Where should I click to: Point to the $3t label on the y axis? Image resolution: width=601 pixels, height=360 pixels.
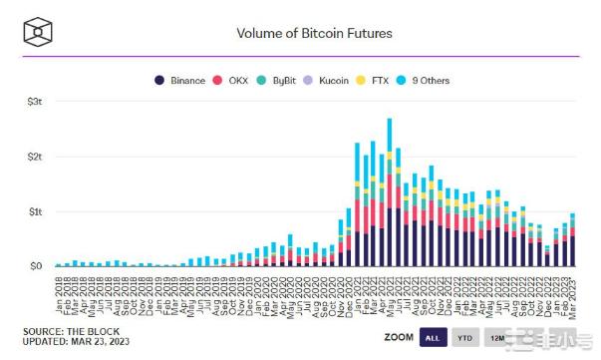pyautogui.click(x=34, y=102)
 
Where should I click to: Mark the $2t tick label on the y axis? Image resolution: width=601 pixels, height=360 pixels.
pyautogui.click(x=34, y=157)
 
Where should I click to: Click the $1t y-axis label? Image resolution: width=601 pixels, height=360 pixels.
pyautogui.click(x=34, y=211)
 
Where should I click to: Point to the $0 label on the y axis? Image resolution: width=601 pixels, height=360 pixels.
pyautogui.click(x=34, y=266)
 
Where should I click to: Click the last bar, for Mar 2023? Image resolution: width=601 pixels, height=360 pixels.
pyautogui.click(x=572, y=240)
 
